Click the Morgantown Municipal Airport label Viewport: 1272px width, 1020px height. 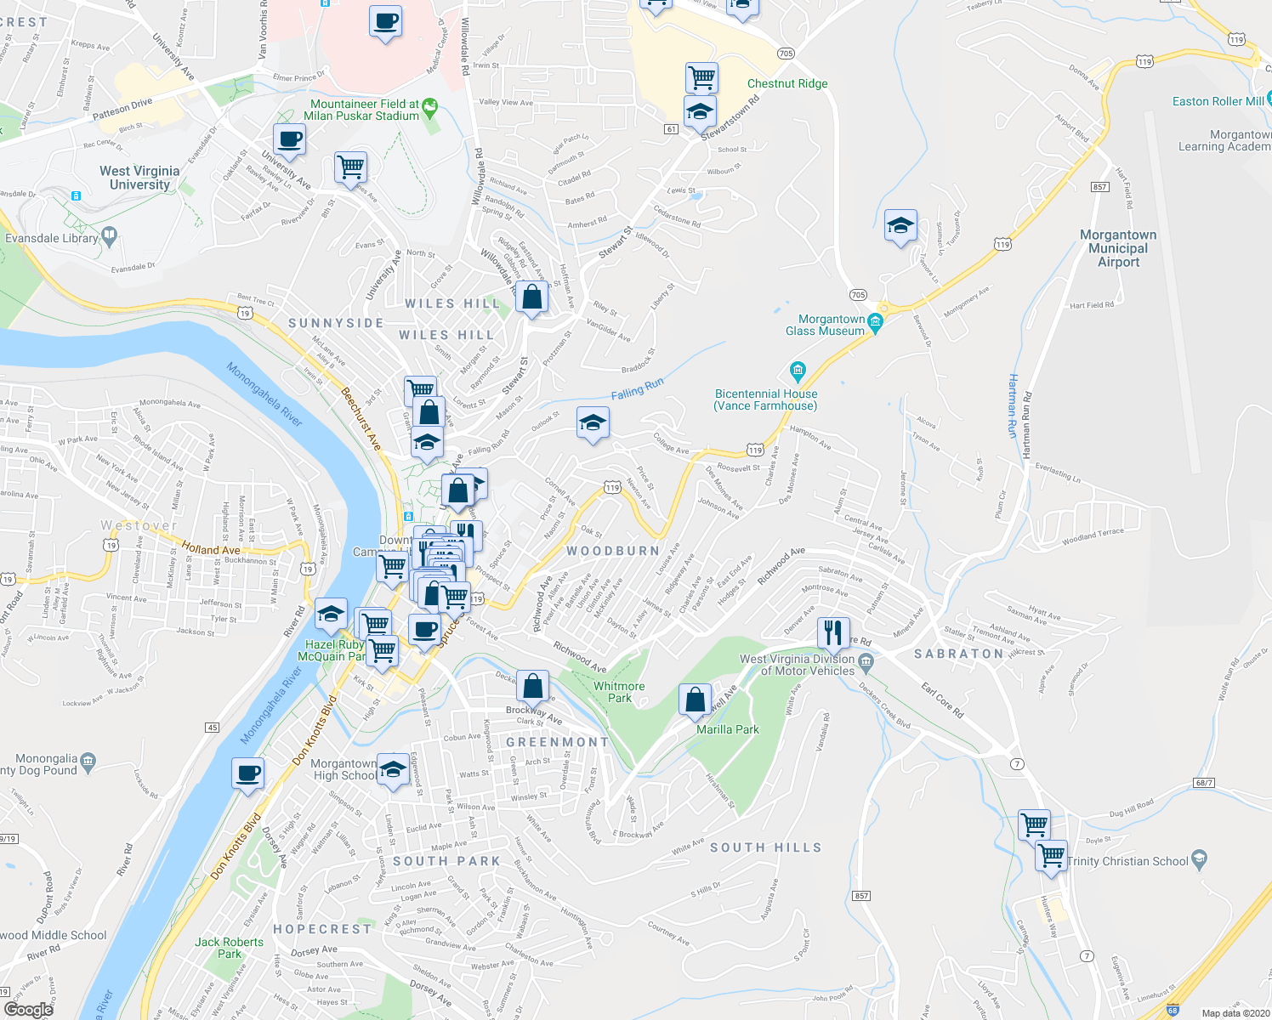point(1118,248)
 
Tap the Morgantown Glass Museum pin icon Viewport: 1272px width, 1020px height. point(876,322)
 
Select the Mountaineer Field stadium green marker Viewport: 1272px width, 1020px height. point(430,108)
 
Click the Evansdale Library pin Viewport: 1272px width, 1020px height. point(109,235)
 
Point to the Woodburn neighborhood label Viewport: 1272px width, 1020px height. point(613,551)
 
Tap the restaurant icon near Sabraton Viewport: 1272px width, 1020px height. point(833,632)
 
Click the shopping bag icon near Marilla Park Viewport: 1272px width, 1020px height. point(695,700)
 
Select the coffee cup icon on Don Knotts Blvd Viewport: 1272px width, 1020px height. point(247,773)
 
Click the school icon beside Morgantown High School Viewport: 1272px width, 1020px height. point(392,769)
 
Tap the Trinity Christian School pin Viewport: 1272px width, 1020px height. point(1199,858)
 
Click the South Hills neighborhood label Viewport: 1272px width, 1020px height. point(765,847)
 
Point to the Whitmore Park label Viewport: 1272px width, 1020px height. point(619,692)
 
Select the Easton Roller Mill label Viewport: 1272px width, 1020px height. point(1218,101)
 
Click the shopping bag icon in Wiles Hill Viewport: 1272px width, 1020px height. point(531,297)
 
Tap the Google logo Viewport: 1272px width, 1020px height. point(28,1010)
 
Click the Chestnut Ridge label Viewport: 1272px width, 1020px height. point(786,83)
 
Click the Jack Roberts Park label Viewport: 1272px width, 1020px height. point(229,948)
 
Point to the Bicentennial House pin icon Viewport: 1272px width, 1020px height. point(797,370)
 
